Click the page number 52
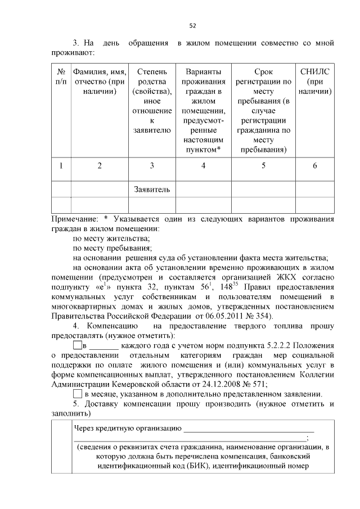pos(192,25)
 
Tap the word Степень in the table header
pos(151,71)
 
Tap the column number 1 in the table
pos(61,165)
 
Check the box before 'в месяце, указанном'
pos(78,394)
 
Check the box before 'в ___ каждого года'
pos(78,344)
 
